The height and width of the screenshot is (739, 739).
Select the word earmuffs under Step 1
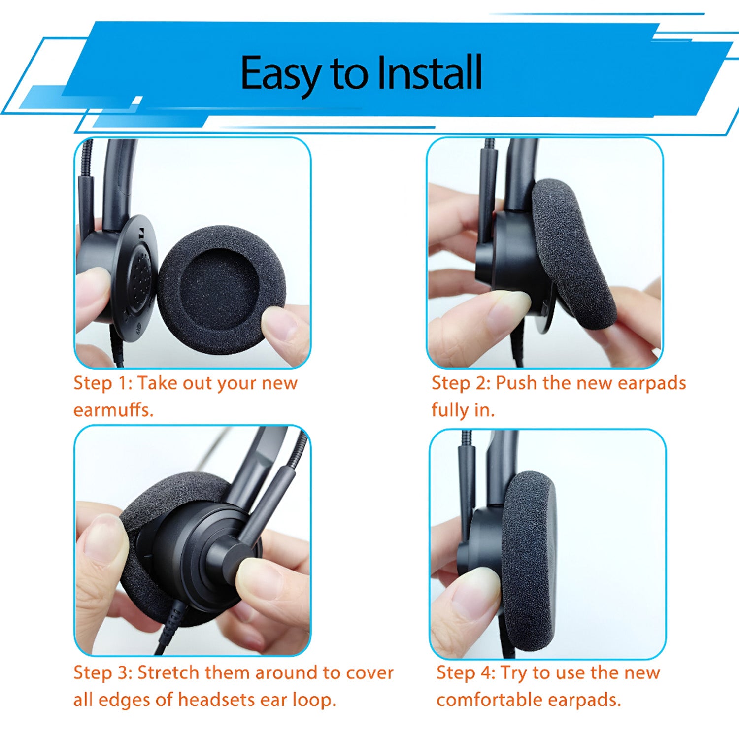point(113,409)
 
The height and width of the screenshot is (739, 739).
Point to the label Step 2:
point(461,383)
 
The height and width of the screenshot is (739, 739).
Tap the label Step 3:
point(103,672)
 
